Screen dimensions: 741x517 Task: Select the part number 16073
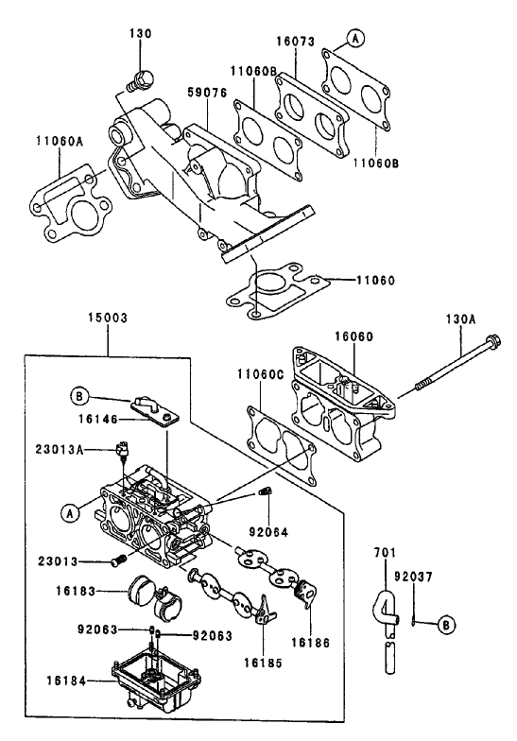[x=295, y=43]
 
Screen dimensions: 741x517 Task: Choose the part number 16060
[x=355, y=336]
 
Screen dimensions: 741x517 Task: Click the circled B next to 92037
[x=446, y=623]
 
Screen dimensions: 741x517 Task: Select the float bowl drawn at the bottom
[x=156, y=677]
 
